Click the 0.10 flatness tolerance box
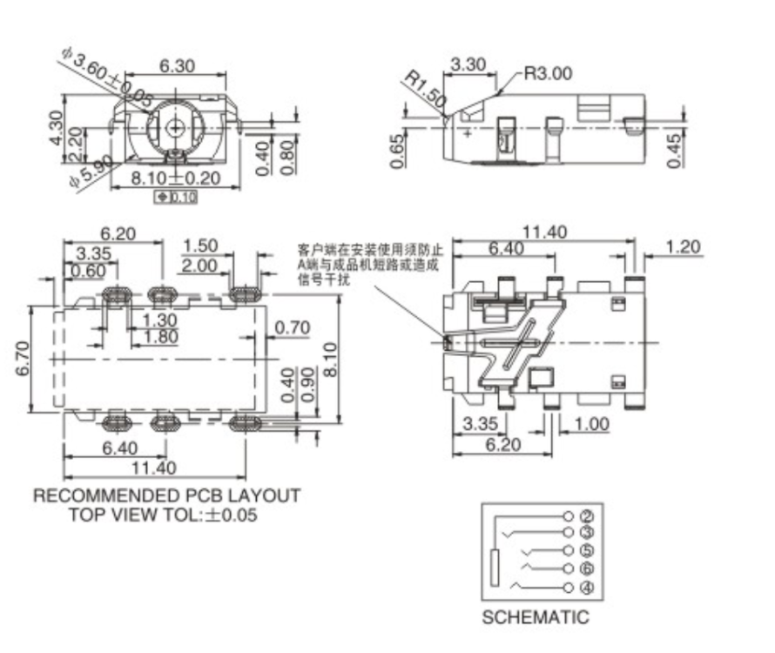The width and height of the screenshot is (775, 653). pos(176,197)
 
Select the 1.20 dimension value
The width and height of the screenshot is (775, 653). pos(683,247)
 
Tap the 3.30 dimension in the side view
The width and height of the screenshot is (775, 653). pos(468,64)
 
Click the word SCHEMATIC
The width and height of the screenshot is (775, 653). pos(536,618)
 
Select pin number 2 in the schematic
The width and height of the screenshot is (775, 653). pos(586,516)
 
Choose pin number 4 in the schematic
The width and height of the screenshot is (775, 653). pos(586,587)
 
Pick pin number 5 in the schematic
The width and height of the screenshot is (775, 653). pos(586,551)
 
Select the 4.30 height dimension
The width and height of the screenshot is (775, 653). pos(56,128)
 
